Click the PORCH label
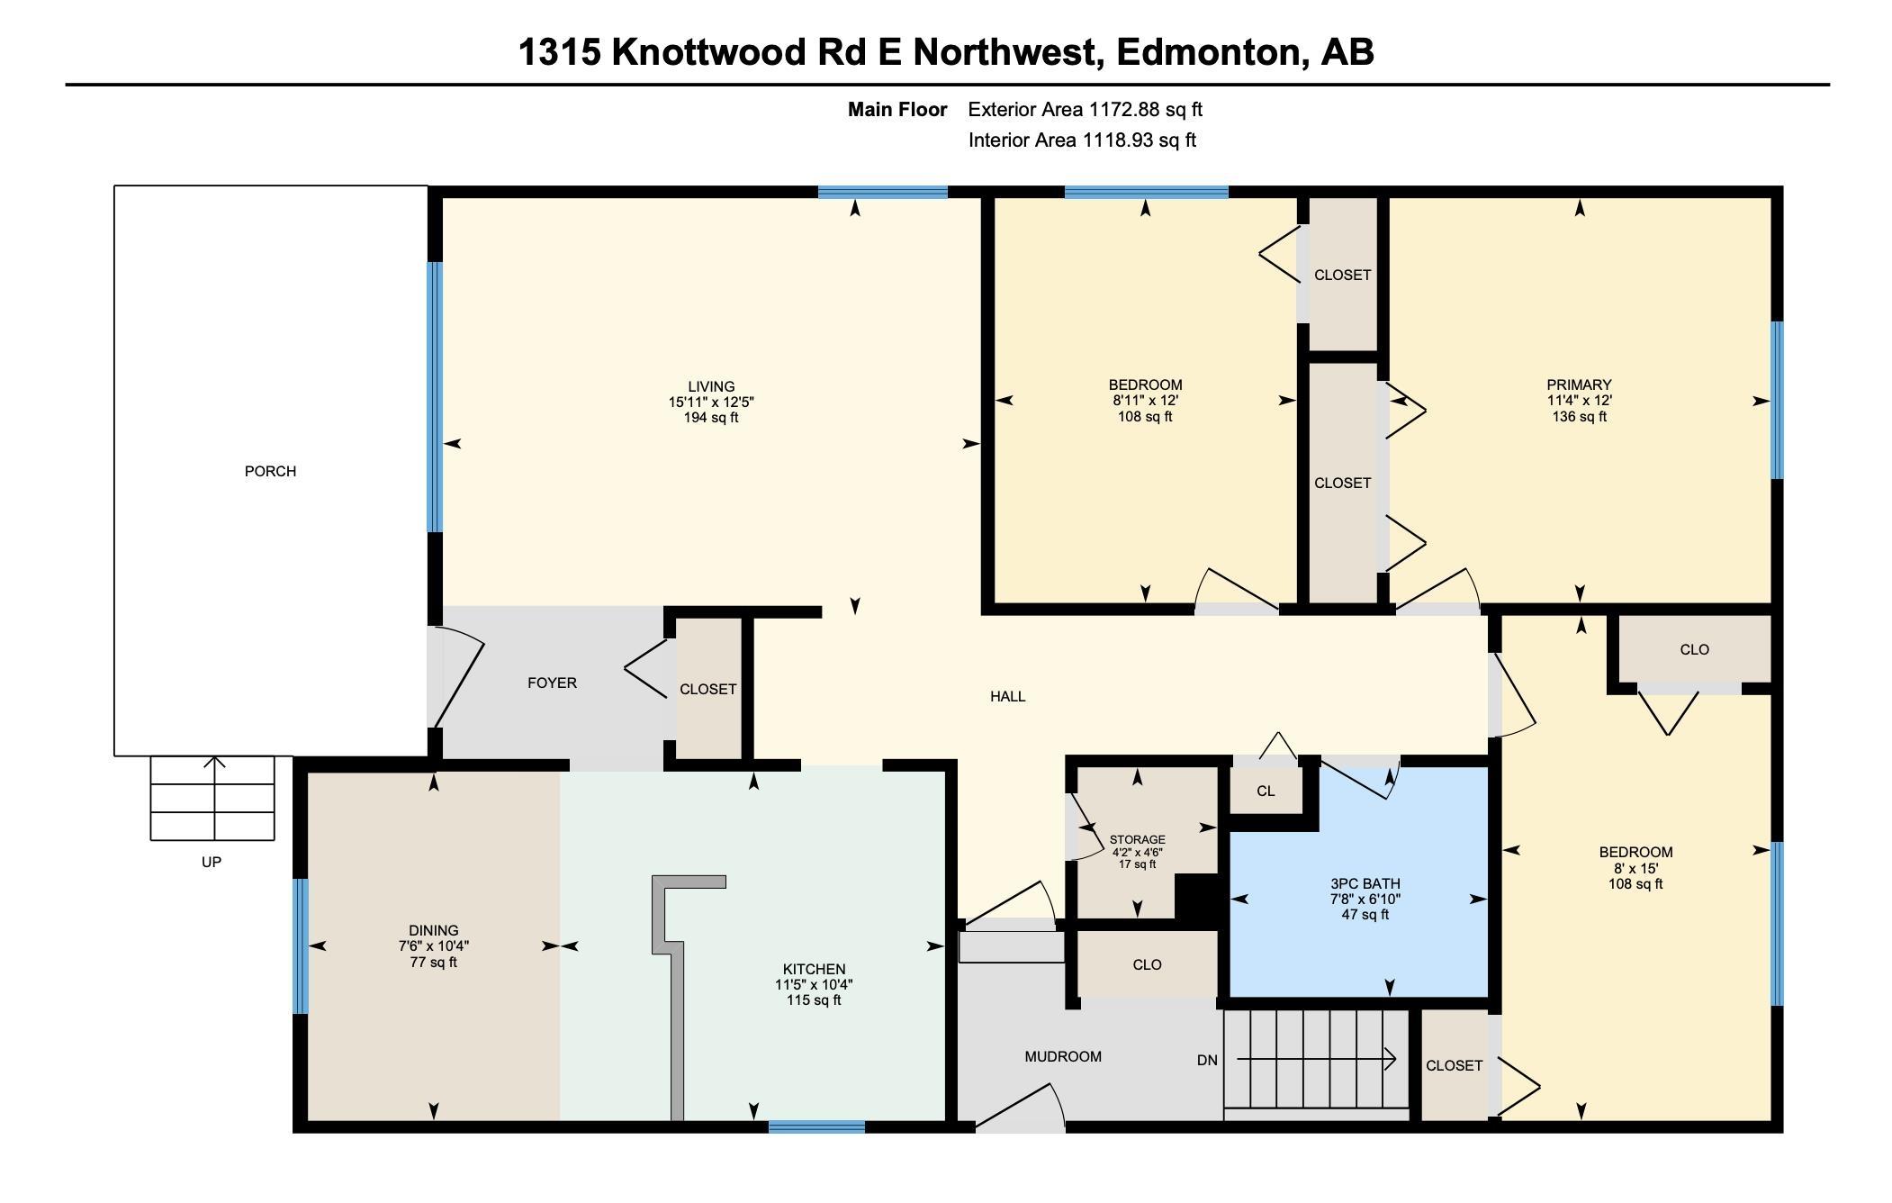(270, 471)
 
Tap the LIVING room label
(711, 386)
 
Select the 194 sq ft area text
(711, 418)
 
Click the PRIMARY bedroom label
(1579, 384)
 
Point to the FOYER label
(552, 683)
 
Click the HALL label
(1007, 696)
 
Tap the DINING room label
(433, 930)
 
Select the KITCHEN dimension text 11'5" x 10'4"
(814, 985)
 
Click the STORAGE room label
(1137, 839)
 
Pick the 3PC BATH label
(1365, 883)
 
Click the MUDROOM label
(1062, 1056)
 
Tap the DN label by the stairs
(1207, 1060)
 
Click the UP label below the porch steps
(212, 862)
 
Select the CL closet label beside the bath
(1266, 791)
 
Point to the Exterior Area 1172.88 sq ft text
(1085, 110)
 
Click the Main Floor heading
(897, 110)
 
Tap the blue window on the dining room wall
(301, 946)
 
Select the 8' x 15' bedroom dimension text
(1635, 869)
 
